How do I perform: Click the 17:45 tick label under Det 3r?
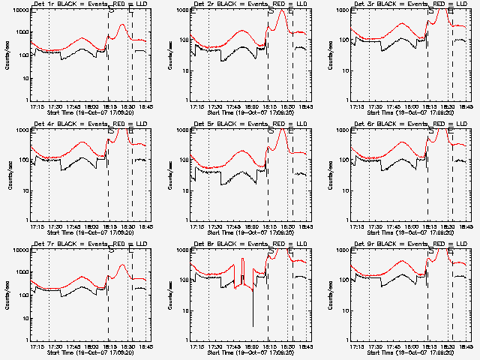(391, 106)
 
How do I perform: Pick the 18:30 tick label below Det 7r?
(128, 346)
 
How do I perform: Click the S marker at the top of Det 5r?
(271, 130)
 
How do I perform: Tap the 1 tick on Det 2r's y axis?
(184, 100)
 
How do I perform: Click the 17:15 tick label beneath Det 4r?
(36, 226)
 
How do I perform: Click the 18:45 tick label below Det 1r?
(145, 106)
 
